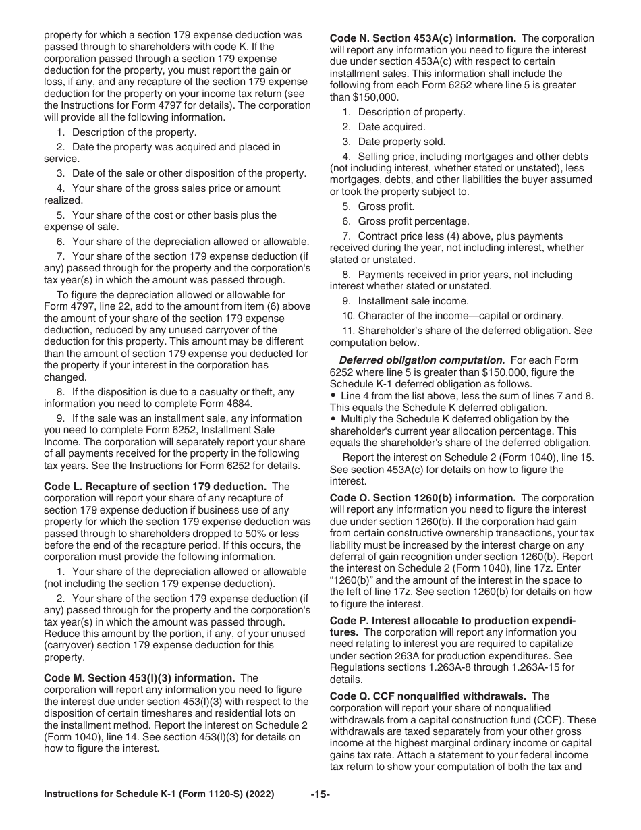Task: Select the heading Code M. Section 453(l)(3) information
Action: click(x=139, y=677)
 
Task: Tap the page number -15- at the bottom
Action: click(x=320, y=794)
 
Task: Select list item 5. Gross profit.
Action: click(x=379, y=206)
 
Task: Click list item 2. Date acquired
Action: click(x=383, y=127)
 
